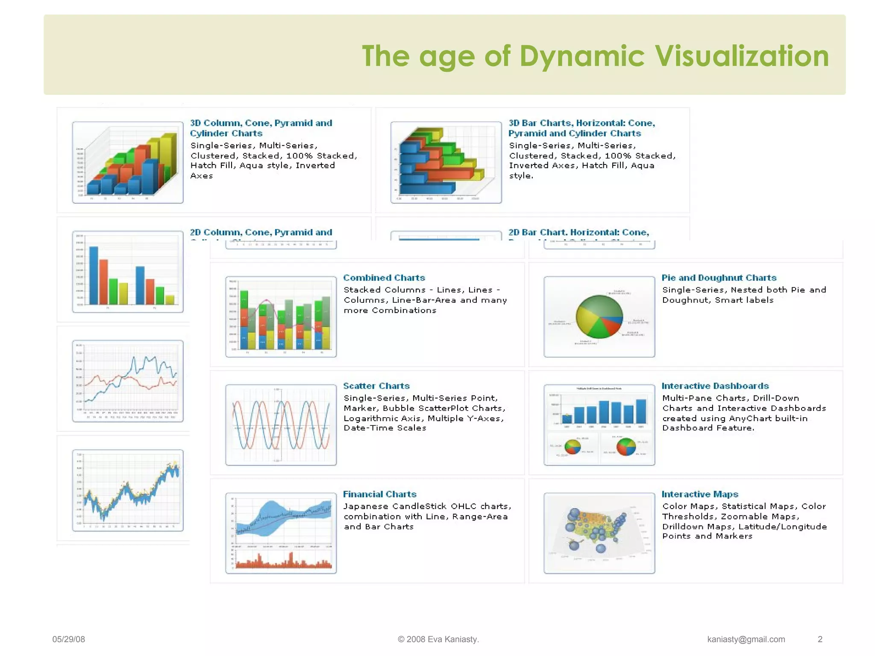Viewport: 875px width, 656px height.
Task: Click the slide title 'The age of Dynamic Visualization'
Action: tap(595, 56)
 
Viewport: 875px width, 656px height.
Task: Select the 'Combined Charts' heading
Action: tap(384, 278)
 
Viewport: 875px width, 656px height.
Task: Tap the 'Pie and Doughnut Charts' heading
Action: tap(719, 278)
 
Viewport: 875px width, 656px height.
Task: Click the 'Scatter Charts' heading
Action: tap(376, 386)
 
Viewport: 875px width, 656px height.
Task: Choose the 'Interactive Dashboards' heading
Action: tap(715, 386)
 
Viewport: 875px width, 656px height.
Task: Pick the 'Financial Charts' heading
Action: tap(379, 494)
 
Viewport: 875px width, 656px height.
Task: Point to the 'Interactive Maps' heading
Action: tap(699, 494)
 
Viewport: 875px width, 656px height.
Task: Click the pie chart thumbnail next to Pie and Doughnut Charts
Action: tap(599, 316)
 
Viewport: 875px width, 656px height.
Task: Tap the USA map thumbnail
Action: tap(599, 533)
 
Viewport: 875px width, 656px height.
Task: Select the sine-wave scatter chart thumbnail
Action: tap(281, 425)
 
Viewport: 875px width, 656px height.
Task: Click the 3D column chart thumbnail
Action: tap(128, 162)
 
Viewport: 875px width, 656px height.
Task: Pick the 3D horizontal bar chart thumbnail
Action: tap(446, 162)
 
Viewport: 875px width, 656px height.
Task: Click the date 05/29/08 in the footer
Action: tap(68, 639)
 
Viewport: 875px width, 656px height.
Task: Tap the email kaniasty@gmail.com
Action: tap(746, 639)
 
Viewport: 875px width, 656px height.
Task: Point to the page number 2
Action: tap(820, 639)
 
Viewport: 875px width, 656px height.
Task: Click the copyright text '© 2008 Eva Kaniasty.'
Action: tap(438, 639)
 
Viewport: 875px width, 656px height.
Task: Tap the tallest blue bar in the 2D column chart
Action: tap(93, 275)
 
